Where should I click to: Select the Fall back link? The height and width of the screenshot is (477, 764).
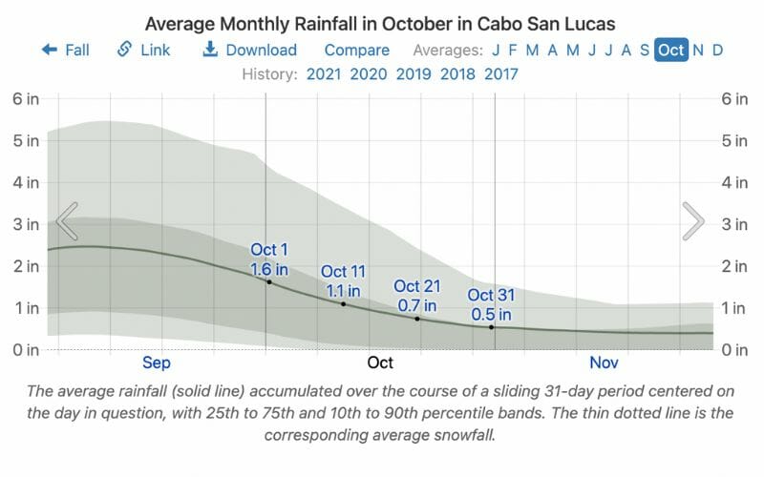(x=65, y=50)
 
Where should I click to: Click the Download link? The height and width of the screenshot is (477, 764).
(x=250, y=50)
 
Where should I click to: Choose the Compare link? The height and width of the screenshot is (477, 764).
(x=356, y=50)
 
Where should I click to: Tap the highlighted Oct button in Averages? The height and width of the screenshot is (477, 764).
(x=670, y=50)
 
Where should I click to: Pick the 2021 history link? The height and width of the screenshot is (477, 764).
(x=325, y=73)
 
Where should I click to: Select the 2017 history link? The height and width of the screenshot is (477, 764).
(x=501, y=73)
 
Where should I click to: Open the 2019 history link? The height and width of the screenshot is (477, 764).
(x=414, y=73)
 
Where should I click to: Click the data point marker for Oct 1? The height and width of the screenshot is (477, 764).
(x=269, y=282)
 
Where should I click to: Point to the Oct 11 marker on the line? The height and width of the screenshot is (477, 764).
(x=343, y=303)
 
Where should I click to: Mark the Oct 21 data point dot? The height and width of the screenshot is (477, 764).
(x=417, y=319)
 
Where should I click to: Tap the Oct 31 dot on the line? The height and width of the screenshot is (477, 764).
(x=492, y=327)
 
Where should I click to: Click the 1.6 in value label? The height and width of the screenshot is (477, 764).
(x=268, y=269)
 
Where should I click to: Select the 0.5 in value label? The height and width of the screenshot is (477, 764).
(x=491, y=314)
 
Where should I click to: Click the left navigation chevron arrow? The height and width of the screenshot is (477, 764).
(x=66, y=221)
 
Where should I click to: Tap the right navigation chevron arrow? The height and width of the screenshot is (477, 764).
(x=693, y=221)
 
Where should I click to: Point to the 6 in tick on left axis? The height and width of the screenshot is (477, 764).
(x=26, y=98)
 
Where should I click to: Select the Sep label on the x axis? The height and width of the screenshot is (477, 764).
(x=156, y=363)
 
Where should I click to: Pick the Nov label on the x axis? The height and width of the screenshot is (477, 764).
(x=604, y=363)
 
